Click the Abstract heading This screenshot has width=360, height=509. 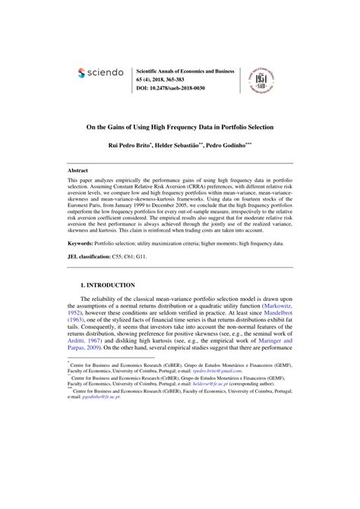pyautogui.click(x=79, y=172)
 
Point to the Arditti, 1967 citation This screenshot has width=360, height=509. pyautogui.click(x=89, y=347)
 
